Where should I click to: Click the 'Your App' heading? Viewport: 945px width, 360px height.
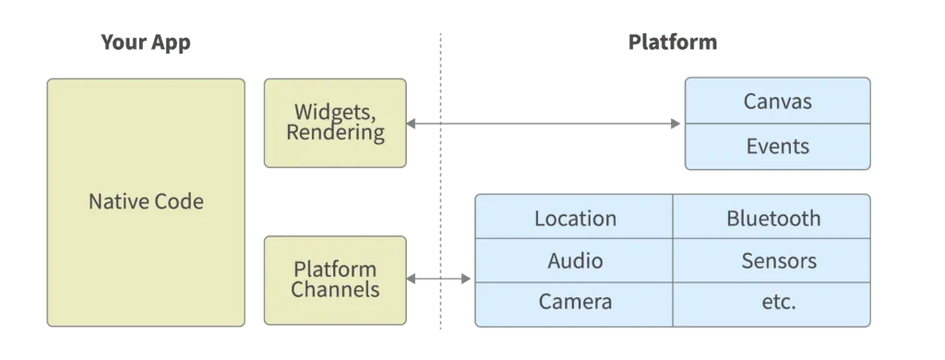click(x=146, y=43)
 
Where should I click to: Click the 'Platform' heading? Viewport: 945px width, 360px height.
click(x=673, y=43)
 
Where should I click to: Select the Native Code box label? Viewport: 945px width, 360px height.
click(x=146, y=201)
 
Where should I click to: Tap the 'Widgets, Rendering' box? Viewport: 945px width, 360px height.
click(x=334, y=123)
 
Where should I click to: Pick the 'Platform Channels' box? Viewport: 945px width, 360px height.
click(x=334, y=280)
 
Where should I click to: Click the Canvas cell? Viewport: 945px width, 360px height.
click(x=777, y=101)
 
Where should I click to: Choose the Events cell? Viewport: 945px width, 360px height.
click(x=777, y=146)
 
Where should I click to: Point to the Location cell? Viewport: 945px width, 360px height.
click(x=575, y=219)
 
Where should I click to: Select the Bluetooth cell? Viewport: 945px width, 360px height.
click(x=772, y=219)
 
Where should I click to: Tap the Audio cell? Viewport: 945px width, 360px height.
click(x=575, y=260)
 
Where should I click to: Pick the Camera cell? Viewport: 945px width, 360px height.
click(x=575, y=303)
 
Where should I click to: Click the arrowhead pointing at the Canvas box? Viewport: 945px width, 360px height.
click(x=678, y=122)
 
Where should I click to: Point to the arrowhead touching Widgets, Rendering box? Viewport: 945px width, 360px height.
click(x=413, y=122)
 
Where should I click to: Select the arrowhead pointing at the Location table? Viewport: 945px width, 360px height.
click(x=467, y=277)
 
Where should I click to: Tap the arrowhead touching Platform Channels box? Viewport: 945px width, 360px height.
click(x=413, y=277)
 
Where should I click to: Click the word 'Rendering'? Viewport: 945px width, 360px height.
click(x=334, y=133)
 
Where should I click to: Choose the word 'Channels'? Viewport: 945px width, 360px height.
click(x=334, y=290)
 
